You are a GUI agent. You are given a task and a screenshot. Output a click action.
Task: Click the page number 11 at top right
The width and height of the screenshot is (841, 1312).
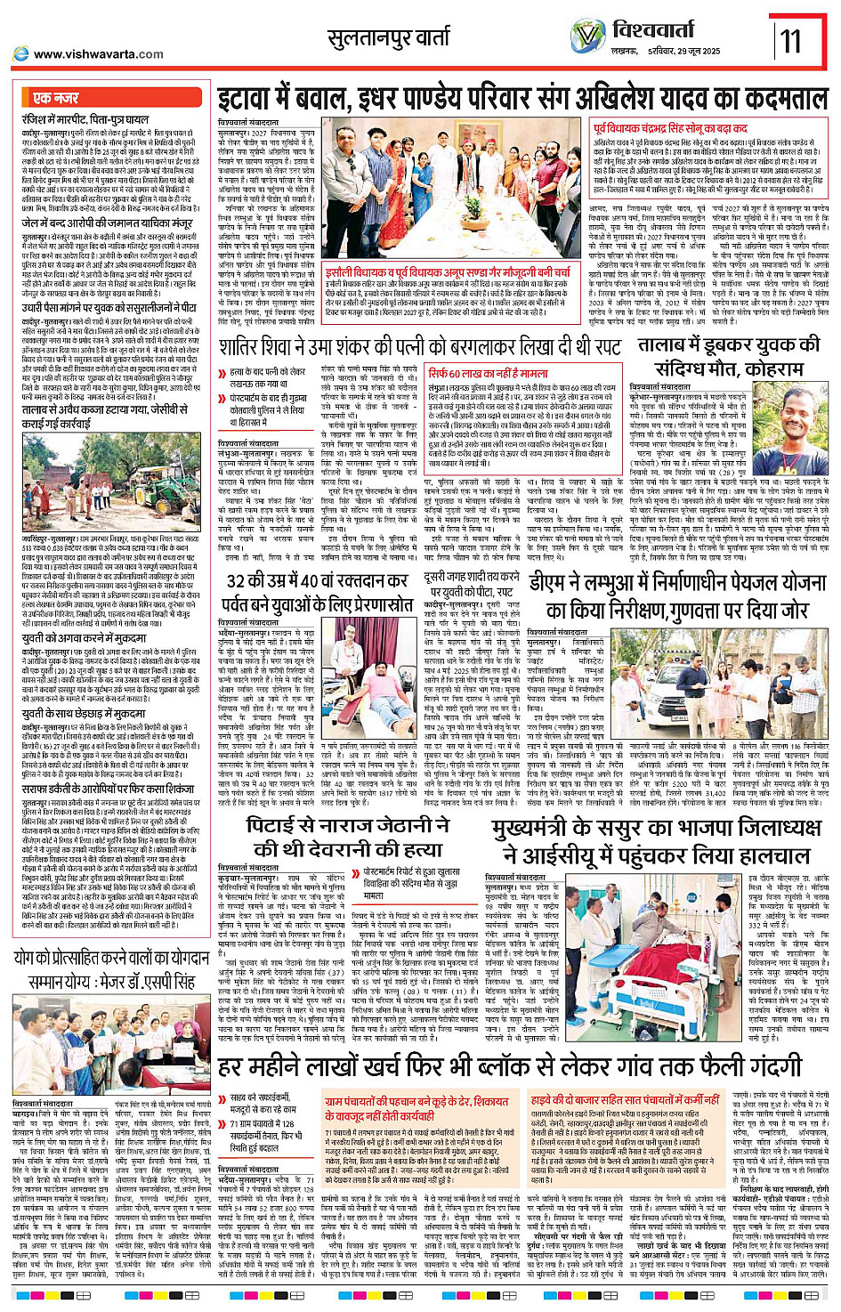(x=789, y=40)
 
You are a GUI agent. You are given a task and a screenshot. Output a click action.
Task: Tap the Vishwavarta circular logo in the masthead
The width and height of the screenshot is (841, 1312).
(x=588, y=36)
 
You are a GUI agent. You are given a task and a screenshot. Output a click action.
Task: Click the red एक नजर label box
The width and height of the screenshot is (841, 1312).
(x=56, y=98)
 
